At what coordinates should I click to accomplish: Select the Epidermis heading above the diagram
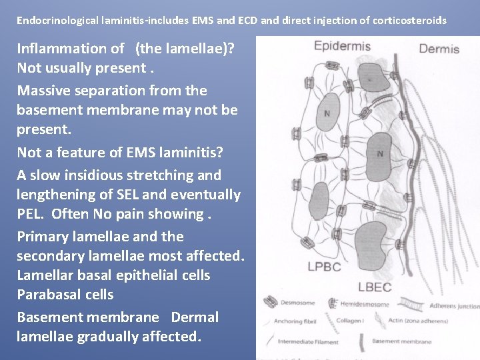(343, 46)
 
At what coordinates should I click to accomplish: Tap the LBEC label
(375, 287)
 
